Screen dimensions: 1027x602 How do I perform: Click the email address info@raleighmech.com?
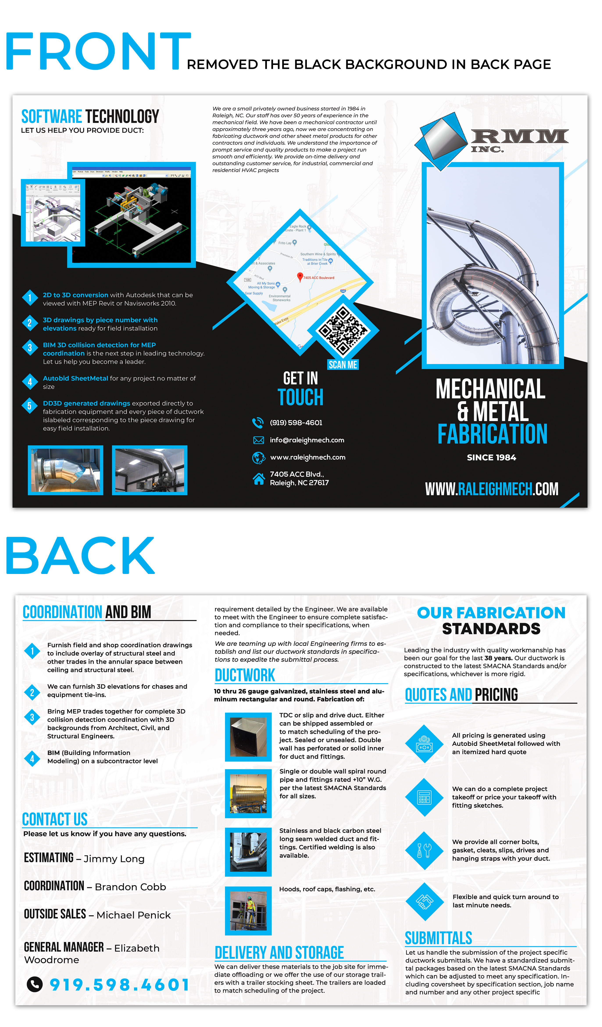coord(307,440)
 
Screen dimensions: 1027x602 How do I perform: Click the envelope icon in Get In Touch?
coord(258,440)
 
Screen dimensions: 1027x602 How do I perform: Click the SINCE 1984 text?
coord(491,458)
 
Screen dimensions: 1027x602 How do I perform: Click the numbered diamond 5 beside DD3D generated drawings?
coord(29,406)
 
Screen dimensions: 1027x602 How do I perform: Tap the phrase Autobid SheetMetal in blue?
coord(75,378)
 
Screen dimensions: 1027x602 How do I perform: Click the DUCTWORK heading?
coord(245,675)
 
